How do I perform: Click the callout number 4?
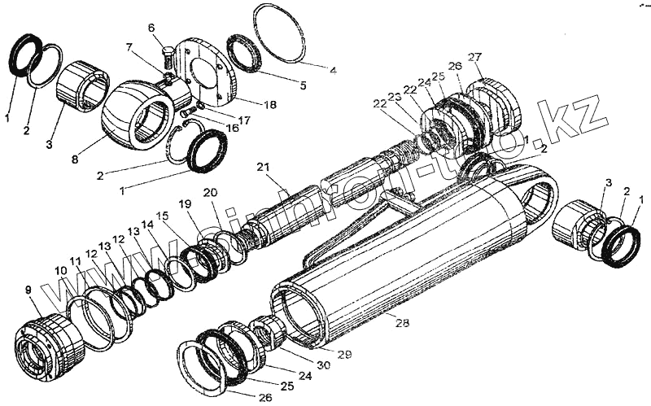coord(332,70)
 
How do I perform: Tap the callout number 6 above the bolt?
coord(151,28)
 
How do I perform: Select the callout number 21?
coord(262,168)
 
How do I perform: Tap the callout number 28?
coord(401,322)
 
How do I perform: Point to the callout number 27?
coord(475,56)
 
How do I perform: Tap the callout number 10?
coord(60,269)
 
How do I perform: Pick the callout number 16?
coord(233,128)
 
